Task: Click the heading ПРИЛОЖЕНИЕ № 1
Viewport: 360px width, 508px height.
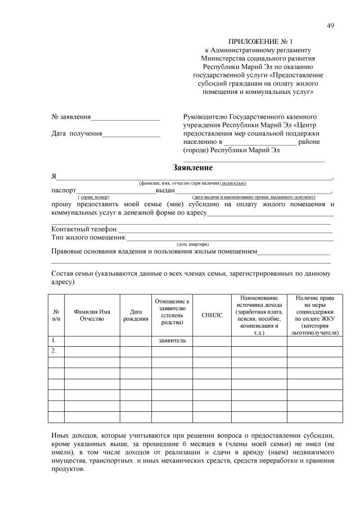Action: click(x=260, y=42)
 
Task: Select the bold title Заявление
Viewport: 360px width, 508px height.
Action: click(x=192, y=167)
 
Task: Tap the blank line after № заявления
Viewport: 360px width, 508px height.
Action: click(x=125, y=118)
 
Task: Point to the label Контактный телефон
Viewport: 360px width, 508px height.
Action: click(x=84, y=229)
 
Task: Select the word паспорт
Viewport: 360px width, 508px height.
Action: click(x=64, y=190)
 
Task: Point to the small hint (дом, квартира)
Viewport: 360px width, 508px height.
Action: click(x=193, y=244)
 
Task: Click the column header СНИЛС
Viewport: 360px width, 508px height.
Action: click(x=212, y=315)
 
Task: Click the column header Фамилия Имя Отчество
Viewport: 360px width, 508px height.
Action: click(x=92, y=315)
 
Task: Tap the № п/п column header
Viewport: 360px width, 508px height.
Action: click(x=56, y=315)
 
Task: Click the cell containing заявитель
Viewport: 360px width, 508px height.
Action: click(x=173, y=341)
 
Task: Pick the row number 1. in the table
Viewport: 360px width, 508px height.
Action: click(x=54, y=341)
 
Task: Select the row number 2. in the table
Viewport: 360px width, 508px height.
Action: click(x=54, y=351)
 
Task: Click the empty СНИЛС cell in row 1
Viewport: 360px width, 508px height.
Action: click(x=212, y=341)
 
